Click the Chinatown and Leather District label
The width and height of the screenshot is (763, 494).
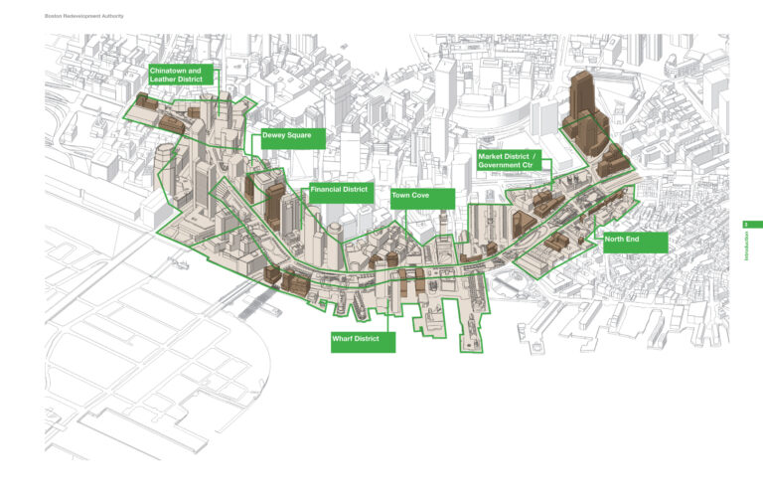pos(181,77)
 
